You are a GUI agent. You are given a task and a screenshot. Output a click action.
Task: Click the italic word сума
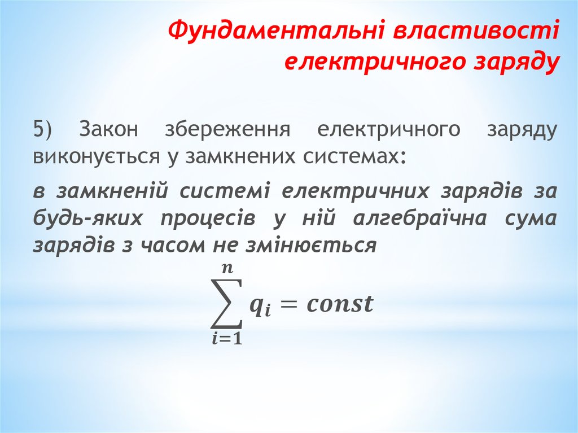pyautogui.click(x=528, y=218)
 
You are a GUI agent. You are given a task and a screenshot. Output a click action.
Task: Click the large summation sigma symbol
pyautogui.click(x=226, y=303)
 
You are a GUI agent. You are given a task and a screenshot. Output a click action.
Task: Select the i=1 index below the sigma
pyautogui.click(x=226, y=340)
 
